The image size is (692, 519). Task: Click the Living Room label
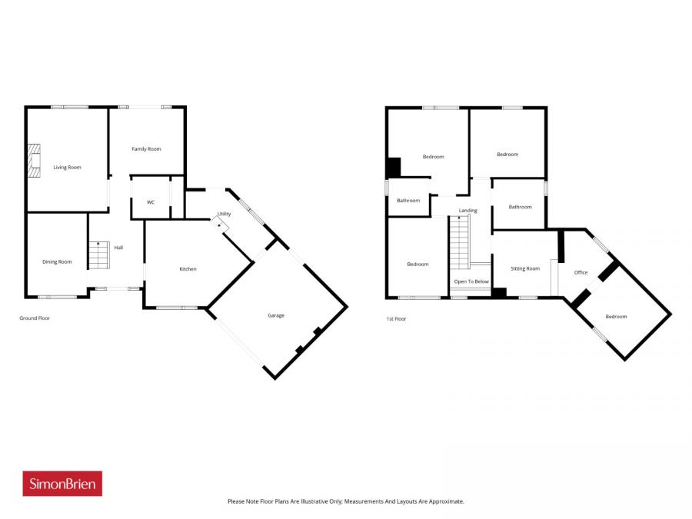pos(67,167)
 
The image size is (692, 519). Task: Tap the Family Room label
pos(146,148)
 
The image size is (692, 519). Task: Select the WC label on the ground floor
pos(151,202)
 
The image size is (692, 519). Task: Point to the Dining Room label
pos(57,261)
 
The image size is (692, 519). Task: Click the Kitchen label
pos(188,268)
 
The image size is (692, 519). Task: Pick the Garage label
pos(276,315)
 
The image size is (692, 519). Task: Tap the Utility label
pos(224,214)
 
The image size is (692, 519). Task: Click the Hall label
pos(118,248)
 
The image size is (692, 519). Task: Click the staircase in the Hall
pos(98,255)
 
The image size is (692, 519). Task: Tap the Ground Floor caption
pos(35,318)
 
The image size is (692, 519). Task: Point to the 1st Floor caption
pos(397,318)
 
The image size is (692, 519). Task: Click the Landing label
pos(467,210)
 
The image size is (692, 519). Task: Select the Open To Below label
pos(471,281)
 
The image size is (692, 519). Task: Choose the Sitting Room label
pos(526,268)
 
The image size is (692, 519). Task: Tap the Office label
pos(581,272)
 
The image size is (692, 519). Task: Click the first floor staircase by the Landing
pos(459,242)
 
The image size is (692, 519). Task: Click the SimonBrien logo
pos(62,483)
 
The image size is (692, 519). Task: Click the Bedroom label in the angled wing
pos(616,316)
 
